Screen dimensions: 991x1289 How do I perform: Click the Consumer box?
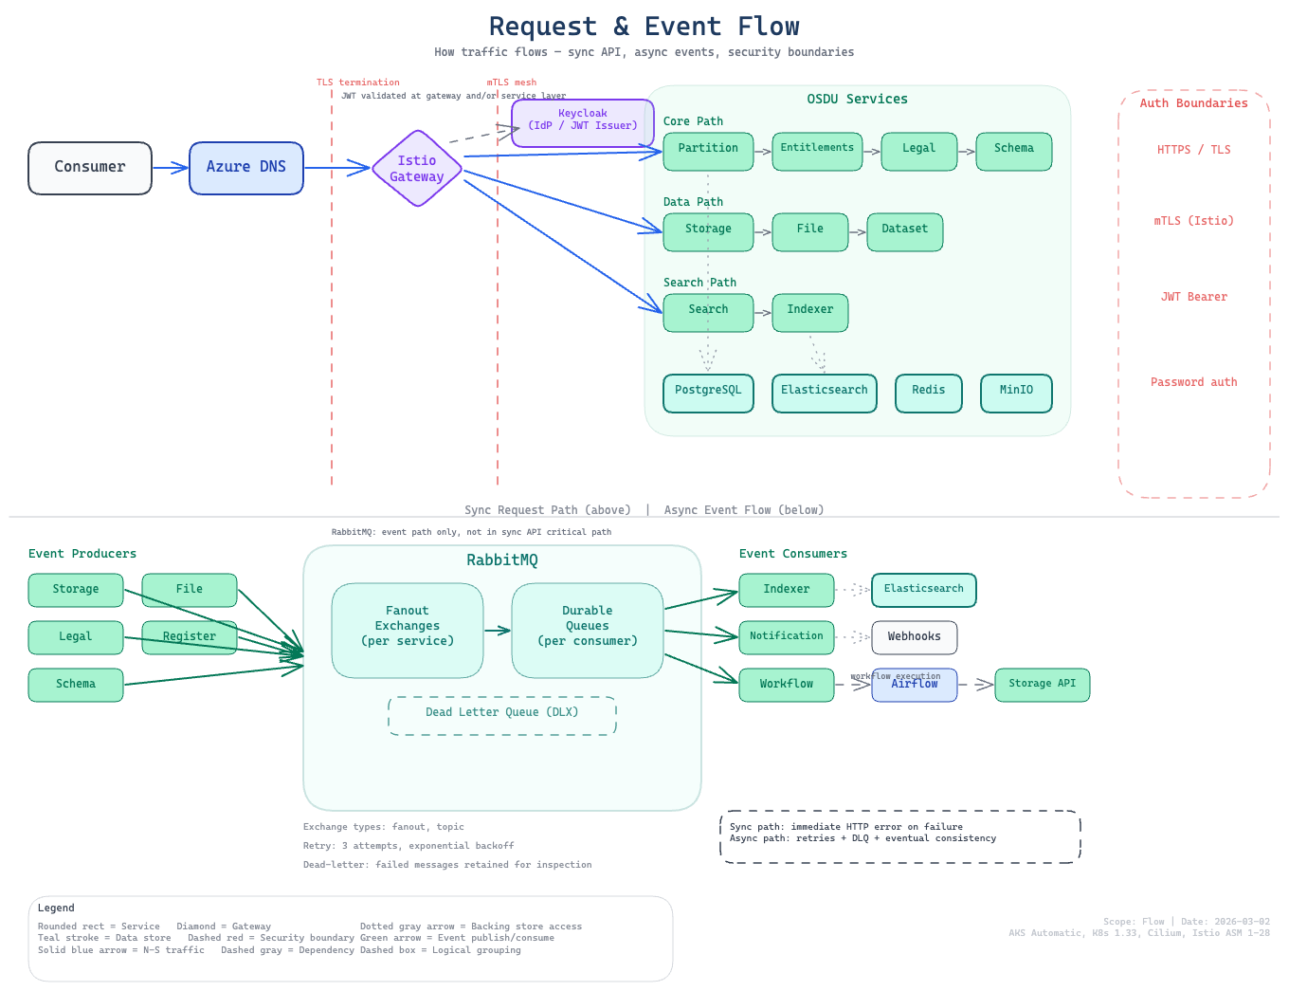pos(90,168)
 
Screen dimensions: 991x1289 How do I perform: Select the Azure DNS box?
pos(246,168)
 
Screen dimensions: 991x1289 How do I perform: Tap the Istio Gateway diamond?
pos(417,169)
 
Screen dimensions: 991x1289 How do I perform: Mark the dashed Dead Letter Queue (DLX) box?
pos(502,715)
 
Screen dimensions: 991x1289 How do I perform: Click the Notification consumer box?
pos(787,637)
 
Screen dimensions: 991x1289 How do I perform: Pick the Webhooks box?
pos(914,637)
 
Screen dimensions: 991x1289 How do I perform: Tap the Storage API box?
pos(1042,685)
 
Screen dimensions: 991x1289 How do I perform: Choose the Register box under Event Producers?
pos(190,637)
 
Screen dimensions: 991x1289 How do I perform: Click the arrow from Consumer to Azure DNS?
pos(171,168)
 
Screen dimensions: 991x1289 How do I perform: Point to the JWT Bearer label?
pos(1193,297)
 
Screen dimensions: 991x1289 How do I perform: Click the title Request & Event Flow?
pos(644,27)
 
